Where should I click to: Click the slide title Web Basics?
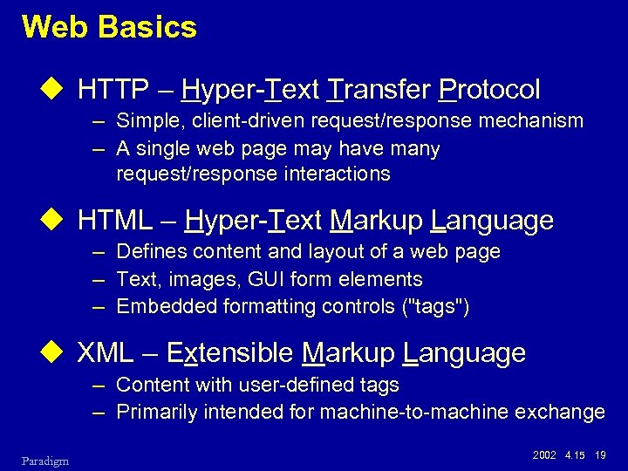point(110,27)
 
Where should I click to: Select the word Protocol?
point(490,89)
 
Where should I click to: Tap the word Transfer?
point(379,89)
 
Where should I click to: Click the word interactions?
point(337,174)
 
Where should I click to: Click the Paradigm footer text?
point(46,460)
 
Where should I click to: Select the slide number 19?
point(600,456)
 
